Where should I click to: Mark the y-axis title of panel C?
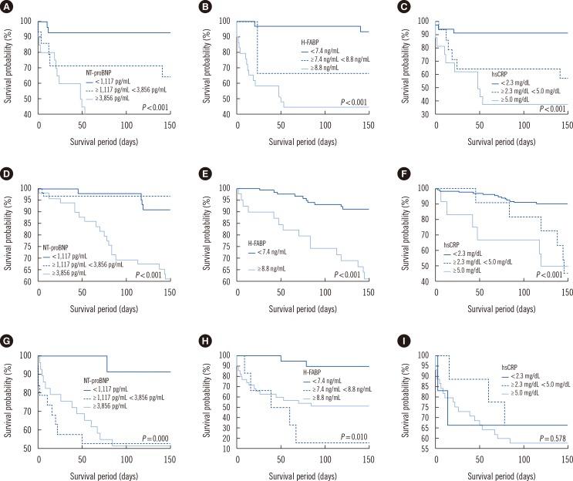tap(403, 69)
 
